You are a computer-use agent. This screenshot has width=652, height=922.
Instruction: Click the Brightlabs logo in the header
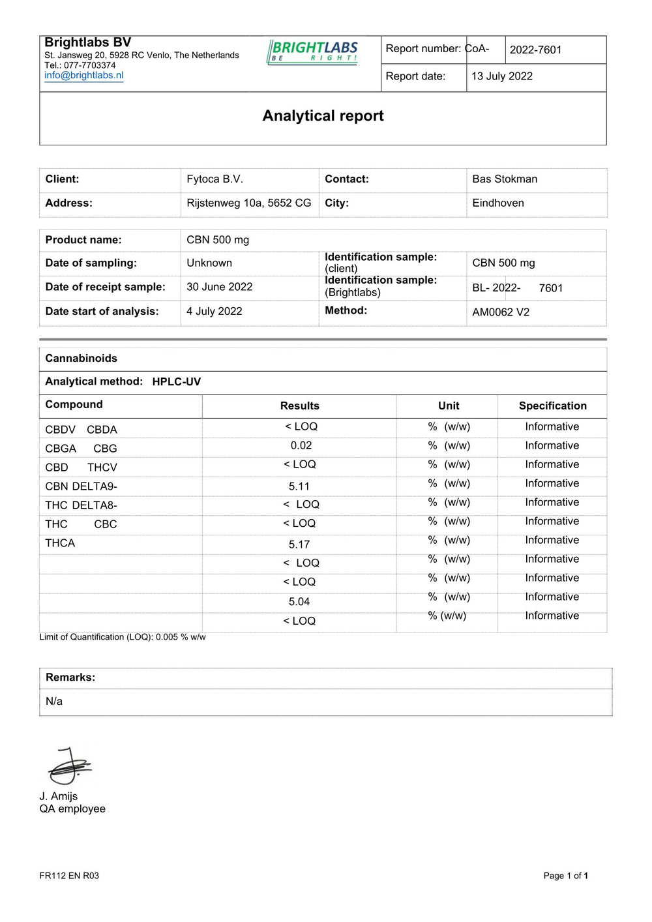point(313,52)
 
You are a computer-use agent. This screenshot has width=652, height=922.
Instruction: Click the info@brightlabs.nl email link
point(83,75)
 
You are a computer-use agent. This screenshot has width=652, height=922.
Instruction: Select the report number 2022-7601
point(535,50)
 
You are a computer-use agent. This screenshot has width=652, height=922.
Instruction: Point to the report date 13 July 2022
point(501,76)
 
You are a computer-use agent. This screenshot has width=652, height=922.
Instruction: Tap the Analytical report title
point(323,116)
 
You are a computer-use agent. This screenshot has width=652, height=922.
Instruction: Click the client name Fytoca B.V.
point(215,179)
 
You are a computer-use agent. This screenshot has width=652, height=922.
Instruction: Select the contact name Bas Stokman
point(505,179)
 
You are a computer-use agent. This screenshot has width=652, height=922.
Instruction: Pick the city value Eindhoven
point(498,203)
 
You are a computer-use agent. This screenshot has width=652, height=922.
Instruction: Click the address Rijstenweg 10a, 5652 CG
point(248,203)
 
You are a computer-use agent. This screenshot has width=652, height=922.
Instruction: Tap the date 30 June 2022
point(219,287)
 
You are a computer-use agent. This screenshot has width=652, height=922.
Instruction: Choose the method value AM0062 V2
point(501,312)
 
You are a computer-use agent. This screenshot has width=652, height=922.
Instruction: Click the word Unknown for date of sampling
point(209,263)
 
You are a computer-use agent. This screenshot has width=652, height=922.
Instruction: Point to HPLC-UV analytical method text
point(176,382)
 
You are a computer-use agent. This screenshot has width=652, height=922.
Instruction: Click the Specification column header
point(552,406)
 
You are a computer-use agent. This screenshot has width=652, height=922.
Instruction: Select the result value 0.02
point(301,446)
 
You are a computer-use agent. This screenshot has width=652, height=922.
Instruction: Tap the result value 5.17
point(299,544)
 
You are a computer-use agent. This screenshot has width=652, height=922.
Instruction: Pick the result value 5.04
point(299,602)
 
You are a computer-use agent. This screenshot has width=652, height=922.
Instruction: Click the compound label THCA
point(60,543)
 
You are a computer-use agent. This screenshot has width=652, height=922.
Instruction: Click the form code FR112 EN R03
point(69,876)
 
